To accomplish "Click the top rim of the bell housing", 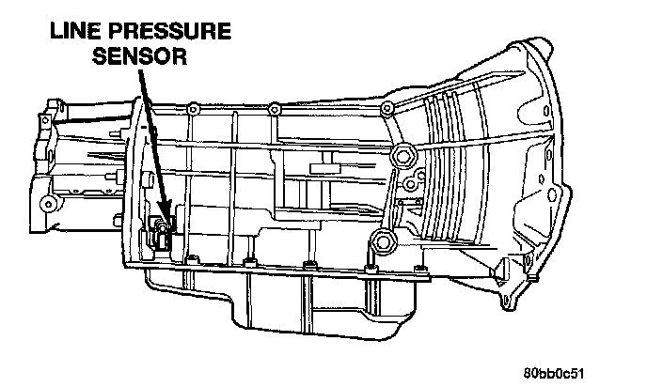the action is (x=541, y=45).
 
